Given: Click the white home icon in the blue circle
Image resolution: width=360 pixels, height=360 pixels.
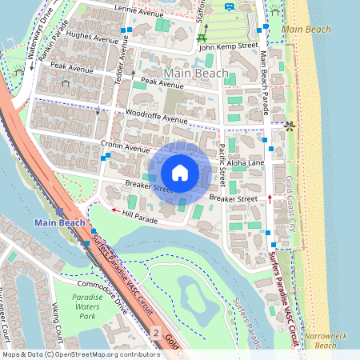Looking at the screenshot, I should click(180, 173).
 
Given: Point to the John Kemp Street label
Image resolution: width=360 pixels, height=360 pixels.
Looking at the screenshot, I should click(228, 47).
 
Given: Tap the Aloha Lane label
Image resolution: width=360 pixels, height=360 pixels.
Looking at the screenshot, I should click(246, 162).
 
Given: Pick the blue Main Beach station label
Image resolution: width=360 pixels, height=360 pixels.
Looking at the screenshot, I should click(58, 222).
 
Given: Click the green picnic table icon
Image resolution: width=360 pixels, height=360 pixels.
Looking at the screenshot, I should click(202, 37).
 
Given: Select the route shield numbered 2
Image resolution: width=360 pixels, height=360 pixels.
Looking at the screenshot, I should click(156, 330).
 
